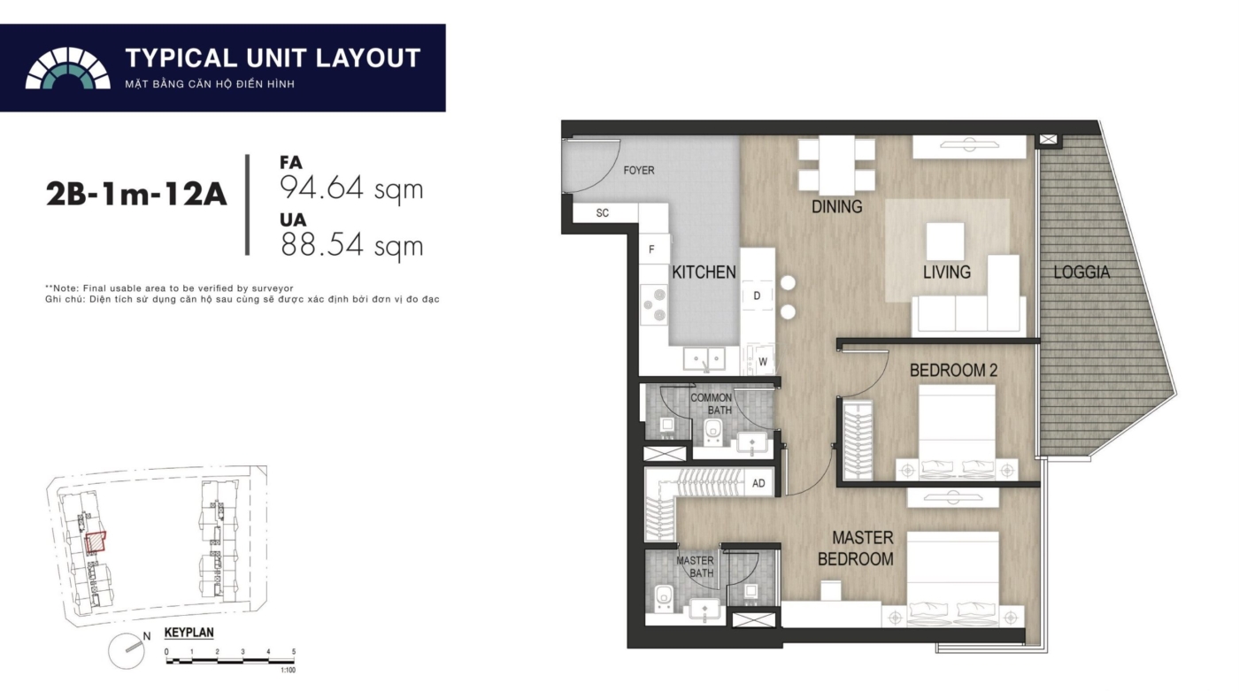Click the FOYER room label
(639, 170)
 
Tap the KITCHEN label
(704, 272)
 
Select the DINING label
(837, 207)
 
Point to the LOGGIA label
(1081, 272)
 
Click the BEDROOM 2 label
(954, 370)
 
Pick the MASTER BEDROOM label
(856, 548)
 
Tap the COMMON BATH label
(712, 403)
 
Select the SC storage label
(603, 213)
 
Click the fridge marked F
(651, 250)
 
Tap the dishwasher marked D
(757, 296)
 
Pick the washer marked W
(763, 362)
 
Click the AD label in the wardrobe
(758, 483)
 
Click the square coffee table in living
(945, 242)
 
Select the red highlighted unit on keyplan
(96, 541)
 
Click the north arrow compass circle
(126, 651)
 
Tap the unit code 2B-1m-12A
(136, 195)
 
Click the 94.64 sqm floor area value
(352, 188)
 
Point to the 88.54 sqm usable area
(352, 245)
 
